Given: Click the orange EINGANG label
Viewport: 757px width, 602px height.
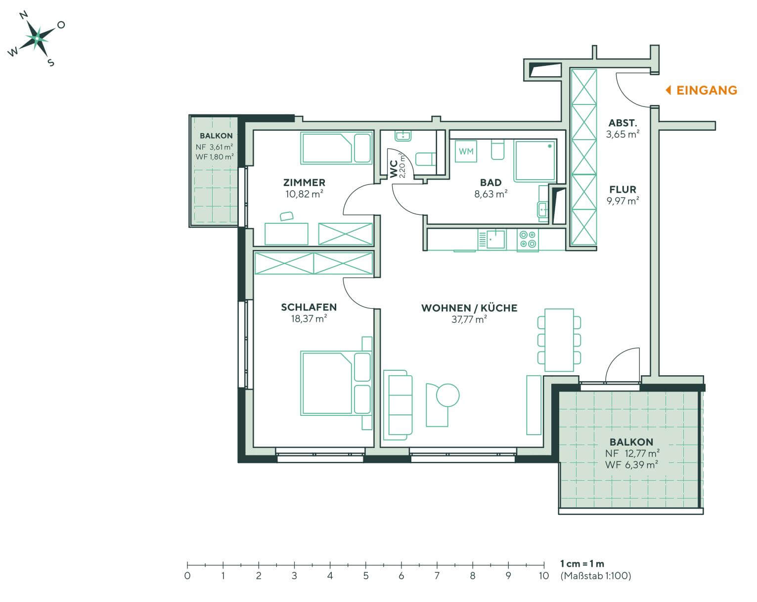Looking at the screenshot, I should (706, 90).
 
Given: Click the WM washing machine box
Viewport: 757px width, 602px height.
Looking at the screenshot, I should (466, 151).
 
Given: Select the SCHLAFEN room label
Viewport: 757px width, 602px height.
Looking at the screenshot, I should (309, 307).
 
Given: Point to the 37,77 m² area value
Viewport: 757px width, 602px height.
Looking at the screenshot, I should (469, 319).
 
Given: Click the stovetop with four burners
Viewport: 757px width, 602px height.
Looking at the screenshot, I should (528, 239).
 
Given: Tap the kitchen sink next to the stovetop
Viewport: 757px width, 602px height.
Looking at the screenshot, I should (492, 239).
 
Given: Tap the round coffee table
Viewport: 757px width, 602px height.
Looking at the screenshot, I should (448, 395).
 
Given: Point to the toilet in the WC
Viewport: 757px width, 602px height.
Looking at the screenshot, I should (425, 159).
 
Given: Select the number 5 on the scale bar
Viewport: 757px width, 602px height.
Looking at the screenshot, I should (365, 576).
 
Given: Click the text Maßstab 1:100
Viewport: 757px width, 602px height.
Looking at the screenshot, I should (595, 576).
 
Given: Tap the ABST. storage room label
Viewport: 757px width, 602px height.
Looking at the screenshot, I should (623, 123).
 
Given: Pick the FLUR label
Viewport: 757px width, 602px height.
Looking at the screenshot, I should (623, 189).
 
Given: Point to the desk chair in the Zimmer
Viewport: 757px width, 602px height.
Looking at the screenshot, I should (286, 215).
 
